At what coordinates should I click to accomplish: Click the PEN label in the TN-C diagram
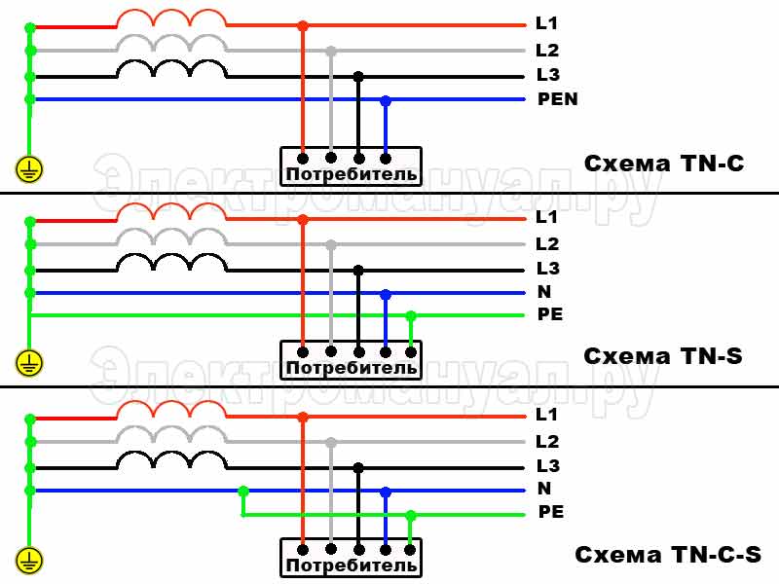[557, 99]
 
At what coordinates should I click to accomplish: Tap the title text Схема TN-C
[664, 164]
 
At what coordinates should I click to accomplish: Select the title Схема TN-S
[663, 356]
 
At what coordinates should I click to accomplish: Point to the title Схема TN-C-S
[668, 556]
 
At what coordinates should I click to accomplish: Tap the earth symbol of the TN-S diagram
[30, 364]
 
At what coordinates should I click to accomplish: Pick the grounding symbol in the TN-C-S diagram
[30, 560]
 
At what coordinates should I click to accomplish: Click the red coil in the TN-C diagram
[171, 18]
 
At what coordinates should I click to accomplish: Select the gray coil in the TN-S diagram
[171, 237]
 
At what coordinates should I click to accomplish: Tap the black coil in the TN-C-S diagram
[171, 459]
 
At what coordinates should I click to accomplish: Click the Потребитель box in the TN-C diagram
[351, 165]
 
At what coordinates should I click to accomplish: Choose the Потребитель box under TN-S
[351, 359]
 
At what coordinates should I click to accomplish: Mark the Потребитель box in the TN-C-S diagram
[351, 556]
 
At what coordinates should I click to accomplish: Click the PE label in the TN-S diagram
[550, 315]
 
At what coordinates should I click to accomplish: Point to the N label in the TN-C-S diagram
[543, 489]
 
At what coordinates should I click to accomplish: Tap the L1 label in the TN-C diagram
[546, 22]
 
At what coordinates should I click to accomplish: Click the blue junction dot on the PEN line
[387, 100]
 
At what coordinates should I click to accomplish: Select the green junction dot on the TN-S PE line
[411, 315]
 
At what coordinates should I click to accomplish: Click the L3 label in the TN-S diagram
[547, 268]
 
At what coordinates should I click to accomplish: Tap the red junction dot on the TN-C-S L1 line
[303, 417]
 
